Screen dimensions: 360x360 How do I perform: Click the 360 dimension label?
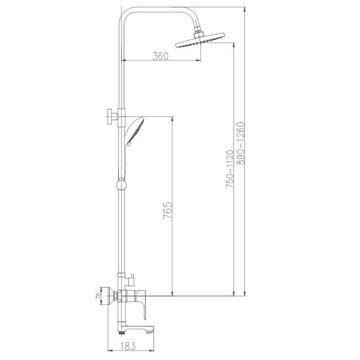161,56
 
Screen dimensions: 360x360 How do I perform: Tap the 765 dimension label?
168,211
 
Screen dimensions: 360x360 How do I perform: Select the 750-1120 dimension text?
230,169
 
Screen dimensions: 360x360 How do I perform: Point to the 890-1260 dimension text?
241,144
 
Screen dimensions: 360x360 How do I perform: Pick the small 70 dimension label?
98,296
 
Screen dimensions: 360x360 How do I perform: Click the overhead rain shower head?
200,41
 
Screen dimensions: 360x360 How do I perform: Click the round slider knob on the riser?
121,184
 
